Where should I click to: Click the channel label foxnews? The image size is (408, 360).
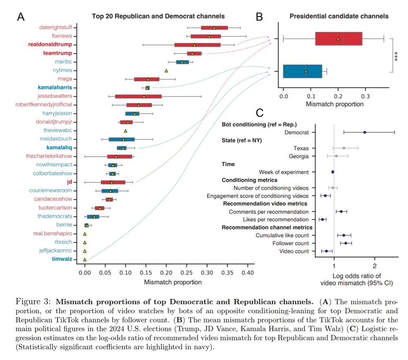coord(62,36)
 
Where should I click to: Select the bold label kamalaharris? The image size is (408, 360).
coord(55,88)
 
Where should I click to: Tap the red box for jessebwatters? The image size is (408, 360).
coord(138,96)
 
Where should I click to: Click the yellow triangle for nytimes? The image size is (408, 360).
coord(166,71)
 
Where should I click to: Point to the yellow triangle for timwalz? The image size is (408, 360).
coord(85,259)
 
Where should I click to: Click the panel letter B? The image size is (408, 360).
coord(259,17)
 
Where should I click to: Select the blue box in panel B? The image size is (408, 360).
coord(302,71)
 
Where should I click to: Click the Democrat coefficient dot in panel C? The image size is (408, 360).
coord(365,132)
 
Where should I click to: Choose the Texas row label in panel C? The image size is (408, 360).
coord(301,148)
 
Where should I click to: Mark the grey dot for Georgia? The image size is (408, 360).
coord(336,156)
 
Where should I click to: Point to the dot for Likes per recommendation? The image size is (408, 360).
coord(322,220)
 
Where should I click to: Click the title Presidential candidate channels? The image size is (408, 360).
coord(339,16)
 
